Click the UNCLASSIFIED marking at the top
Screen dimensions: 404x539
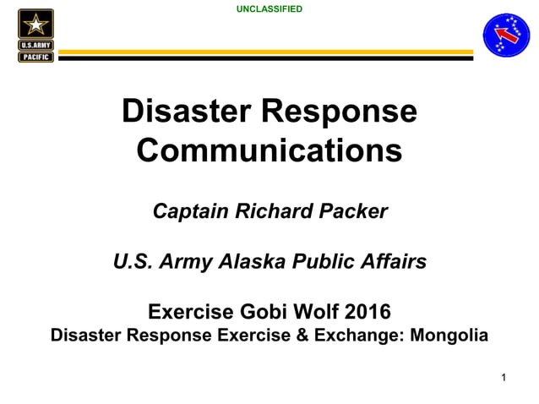click(269, 9)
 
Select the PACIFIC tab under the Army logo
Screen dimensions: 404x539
click(35, 57)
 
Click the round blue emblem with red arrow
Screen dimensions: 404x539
click(506, 35)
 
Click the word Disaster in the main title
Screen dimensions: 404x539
click(183, 112)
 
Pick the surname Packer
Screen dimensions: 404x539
click(354, 211)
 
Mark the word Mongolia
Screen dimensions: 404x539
click(448, 336)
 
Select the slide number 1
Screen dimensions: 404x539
click(503, 378)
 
